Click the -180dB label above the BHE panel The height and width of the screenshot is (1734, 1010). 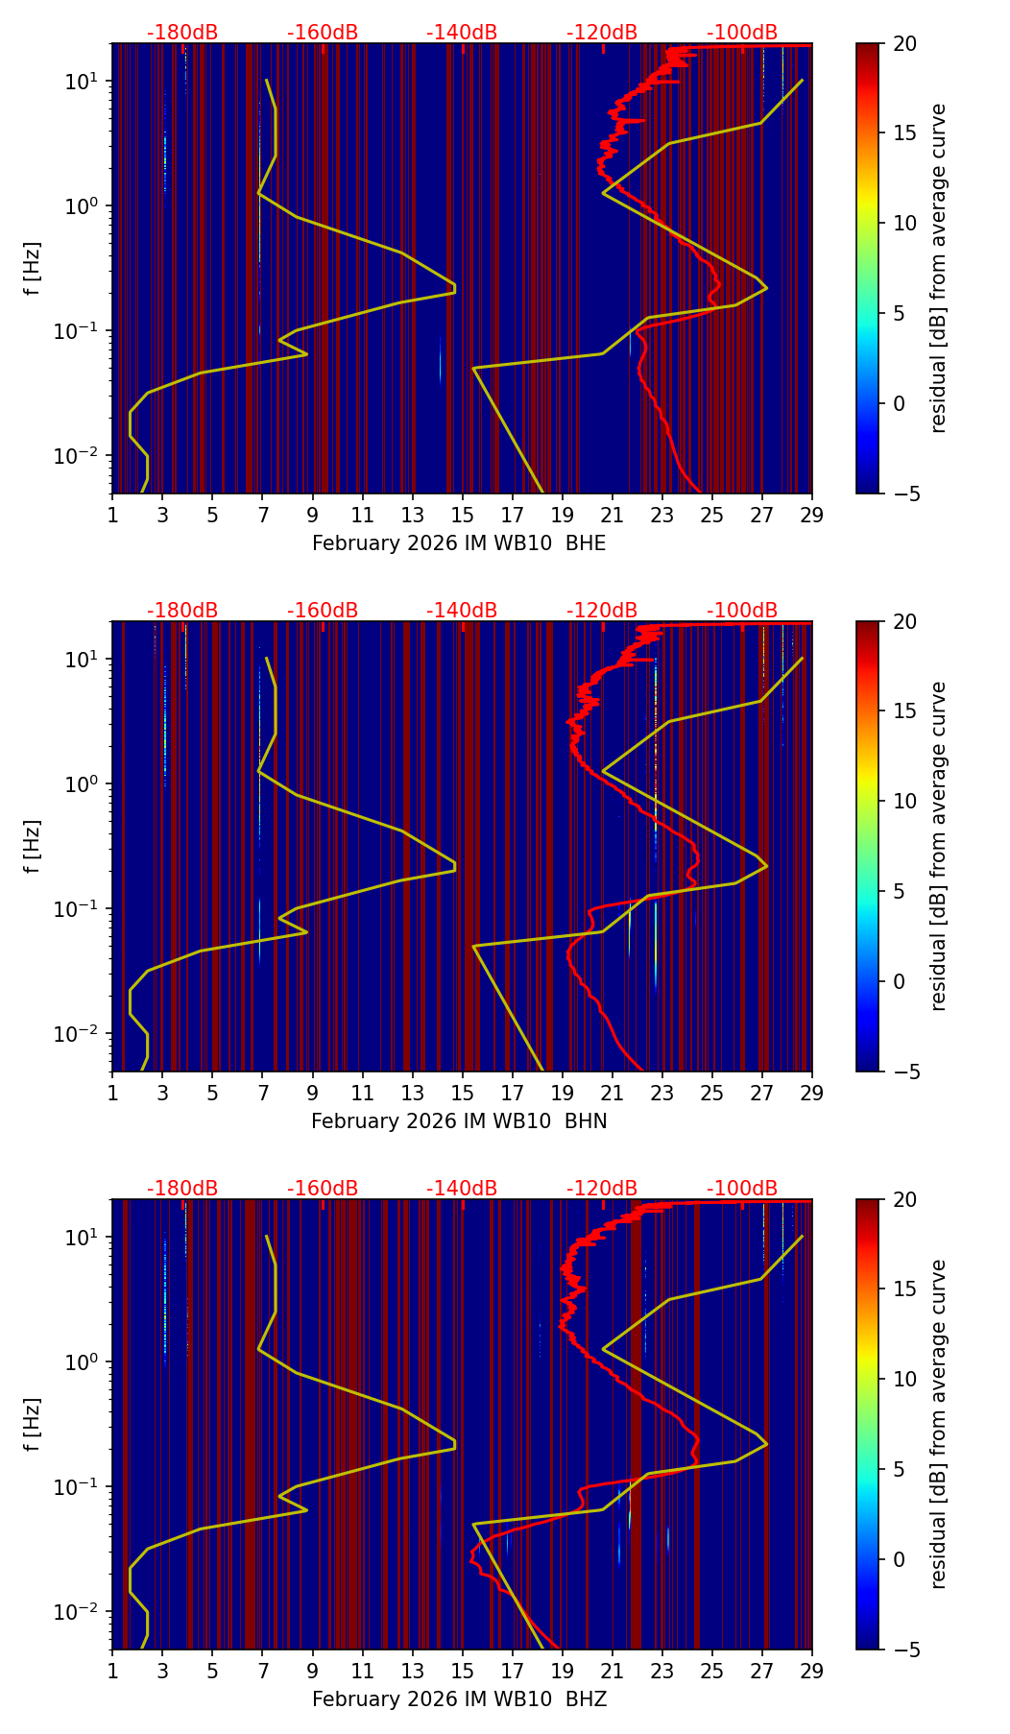(x=182, y=33)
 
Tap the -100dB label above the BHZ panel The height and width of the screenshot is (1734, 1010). (x=742, y=1189)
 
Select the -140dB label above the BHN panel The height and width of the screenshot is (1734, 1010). (x=462, y=611)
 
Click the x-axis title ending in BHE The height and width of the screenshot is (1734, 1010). (x=459, y=543)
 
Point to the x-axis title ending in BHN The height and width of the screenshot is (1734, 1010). (x=459, y=1121)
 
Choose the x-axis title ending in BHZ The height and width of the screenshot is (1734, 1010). (x=459, y=1699)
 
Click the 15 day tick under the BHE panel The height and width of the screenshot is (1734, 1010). (x=462, y=515)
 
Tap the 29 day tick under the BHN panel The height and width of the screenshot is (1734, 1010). (x=812, y=1093)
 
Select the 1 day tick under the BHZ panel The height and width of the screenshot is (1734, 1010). (x=112, y=1671)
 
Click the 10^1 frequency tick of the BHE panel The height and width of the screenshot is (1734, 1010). (x=82, y=82)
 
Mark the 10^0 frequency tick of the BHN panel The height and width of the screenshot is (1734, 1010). (x=82, y=784)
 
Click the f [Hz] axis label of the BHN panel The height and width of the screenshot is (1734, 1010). (x=34, y=846)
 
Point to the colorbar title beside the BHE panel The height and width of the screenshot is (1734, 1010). (x=939, y=268)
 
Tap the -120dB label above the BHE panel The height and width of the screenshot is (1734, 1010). (x=602, y=33)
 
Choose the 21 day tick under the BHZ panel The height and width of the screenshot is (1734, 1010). (x=612, y=1671)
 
